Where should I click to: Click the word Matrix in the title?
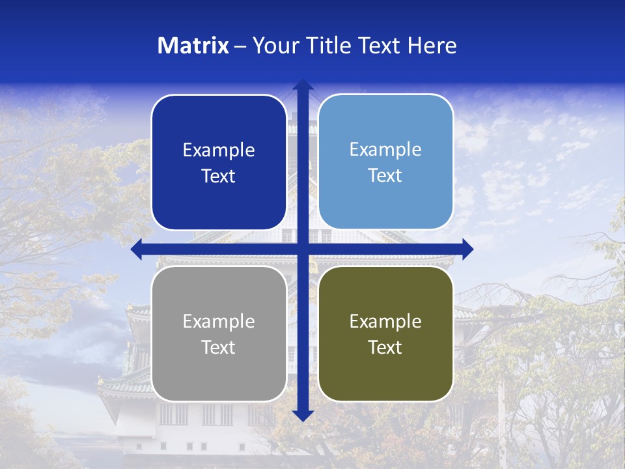[193, 46]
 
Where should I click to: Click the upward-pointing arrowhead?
[303, 85]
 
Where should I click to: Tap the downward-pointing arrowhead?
[303, 416]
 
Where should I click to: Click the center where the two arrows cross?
[303, 249]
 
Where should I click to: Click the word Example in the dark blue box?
[219, 150]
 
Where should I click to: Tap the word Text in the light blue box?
[385, 176]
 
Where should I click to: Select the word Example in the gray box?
[219, 322]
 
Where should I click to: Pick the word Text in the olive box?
[385, 348]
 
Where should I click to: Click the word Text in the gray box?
[219, 348]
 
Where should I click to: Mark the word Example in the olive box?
[385, 322]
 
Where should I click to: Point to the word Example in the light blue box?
[385, 150]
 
